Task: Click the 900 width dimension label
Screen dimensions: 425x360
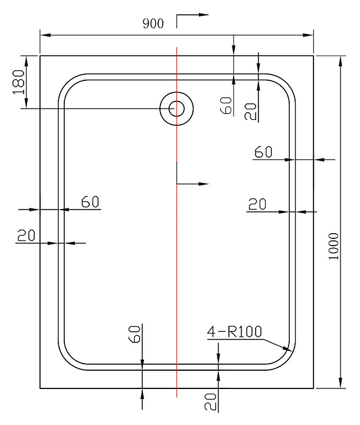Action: pos(153,24)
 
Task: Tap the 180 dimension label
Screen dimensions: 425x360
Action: pos(18,81)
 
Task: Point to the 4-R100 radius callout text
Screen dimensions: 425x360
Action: pos(234,332)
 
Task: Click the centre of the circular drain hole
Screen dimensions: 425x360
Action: pos(176,109)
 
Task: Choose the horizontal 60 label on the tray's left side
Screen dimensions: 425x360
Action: pos(90,202)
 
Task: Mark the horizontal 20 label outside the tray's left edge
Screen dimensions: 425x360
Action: pos(26,236)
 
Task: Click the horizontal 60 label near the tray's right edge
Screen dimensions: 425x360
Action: pos(263,152)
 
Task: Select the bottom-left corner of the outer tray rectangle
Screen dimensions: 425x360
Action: pos(40,388)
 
